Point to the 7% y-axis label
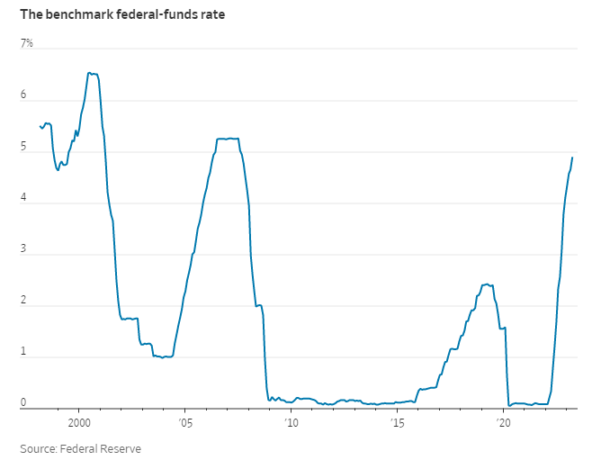tap(27, 42)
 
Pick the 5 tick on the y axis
tap(24, 147)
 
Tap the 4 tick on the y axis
tap(24, 198)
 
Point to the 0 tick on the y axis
tap(24, 403)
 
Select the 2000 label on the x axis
tap(79, 422)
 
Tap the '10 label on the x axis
tap(290, 422)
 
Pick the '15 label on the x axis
tap(396, 422)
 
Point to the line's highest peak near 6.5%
tap(89, 73)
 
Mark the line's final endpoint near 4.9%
tap(572, 158)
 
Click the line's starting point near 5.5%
tap(40, 126)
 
